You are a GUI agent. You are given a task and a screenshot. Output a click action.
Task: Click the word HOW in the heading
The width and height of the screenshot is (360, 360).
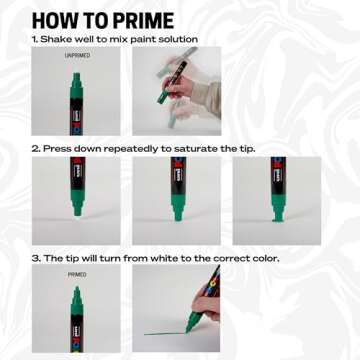(x=54, y=19)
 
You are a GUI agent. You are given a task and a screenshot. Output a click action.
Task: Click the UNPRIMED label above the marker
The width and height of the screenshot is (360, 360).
(x=77, y=57)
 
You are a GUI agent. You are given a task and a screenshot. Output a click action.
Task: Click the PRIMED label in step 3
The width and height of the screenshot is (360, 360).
(x=77, y=274)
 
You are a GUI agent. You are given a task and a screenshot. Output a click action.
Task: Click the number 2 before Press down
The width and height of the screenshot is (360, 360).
(x=35, y=148)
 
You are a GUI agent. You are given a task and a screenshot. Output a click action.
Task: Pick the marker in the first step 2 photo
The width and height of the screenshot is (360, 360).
(x=77, y=190)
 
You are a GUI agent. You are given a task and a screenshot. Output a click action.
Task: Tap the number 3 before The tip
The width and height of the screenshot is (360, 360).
(x=35, y=257)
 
